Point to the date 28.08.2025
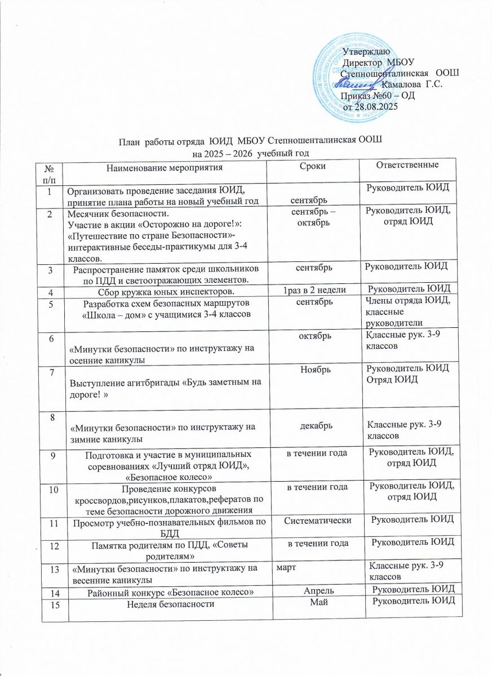377,106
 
